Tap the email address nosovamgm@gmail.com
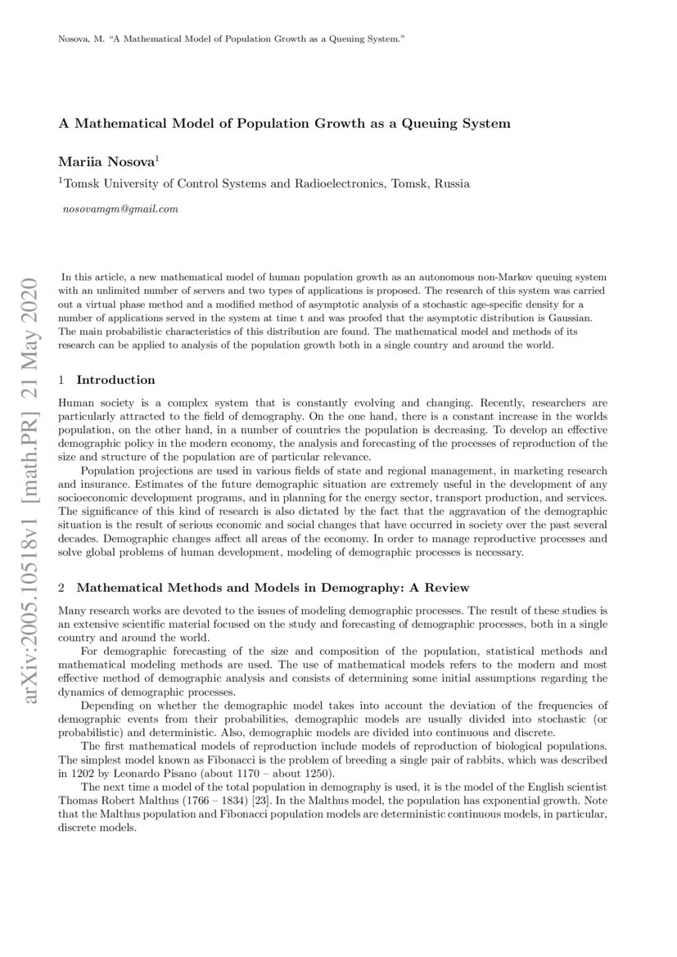pos(120,209)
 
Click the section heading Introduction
pos(115,380)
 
